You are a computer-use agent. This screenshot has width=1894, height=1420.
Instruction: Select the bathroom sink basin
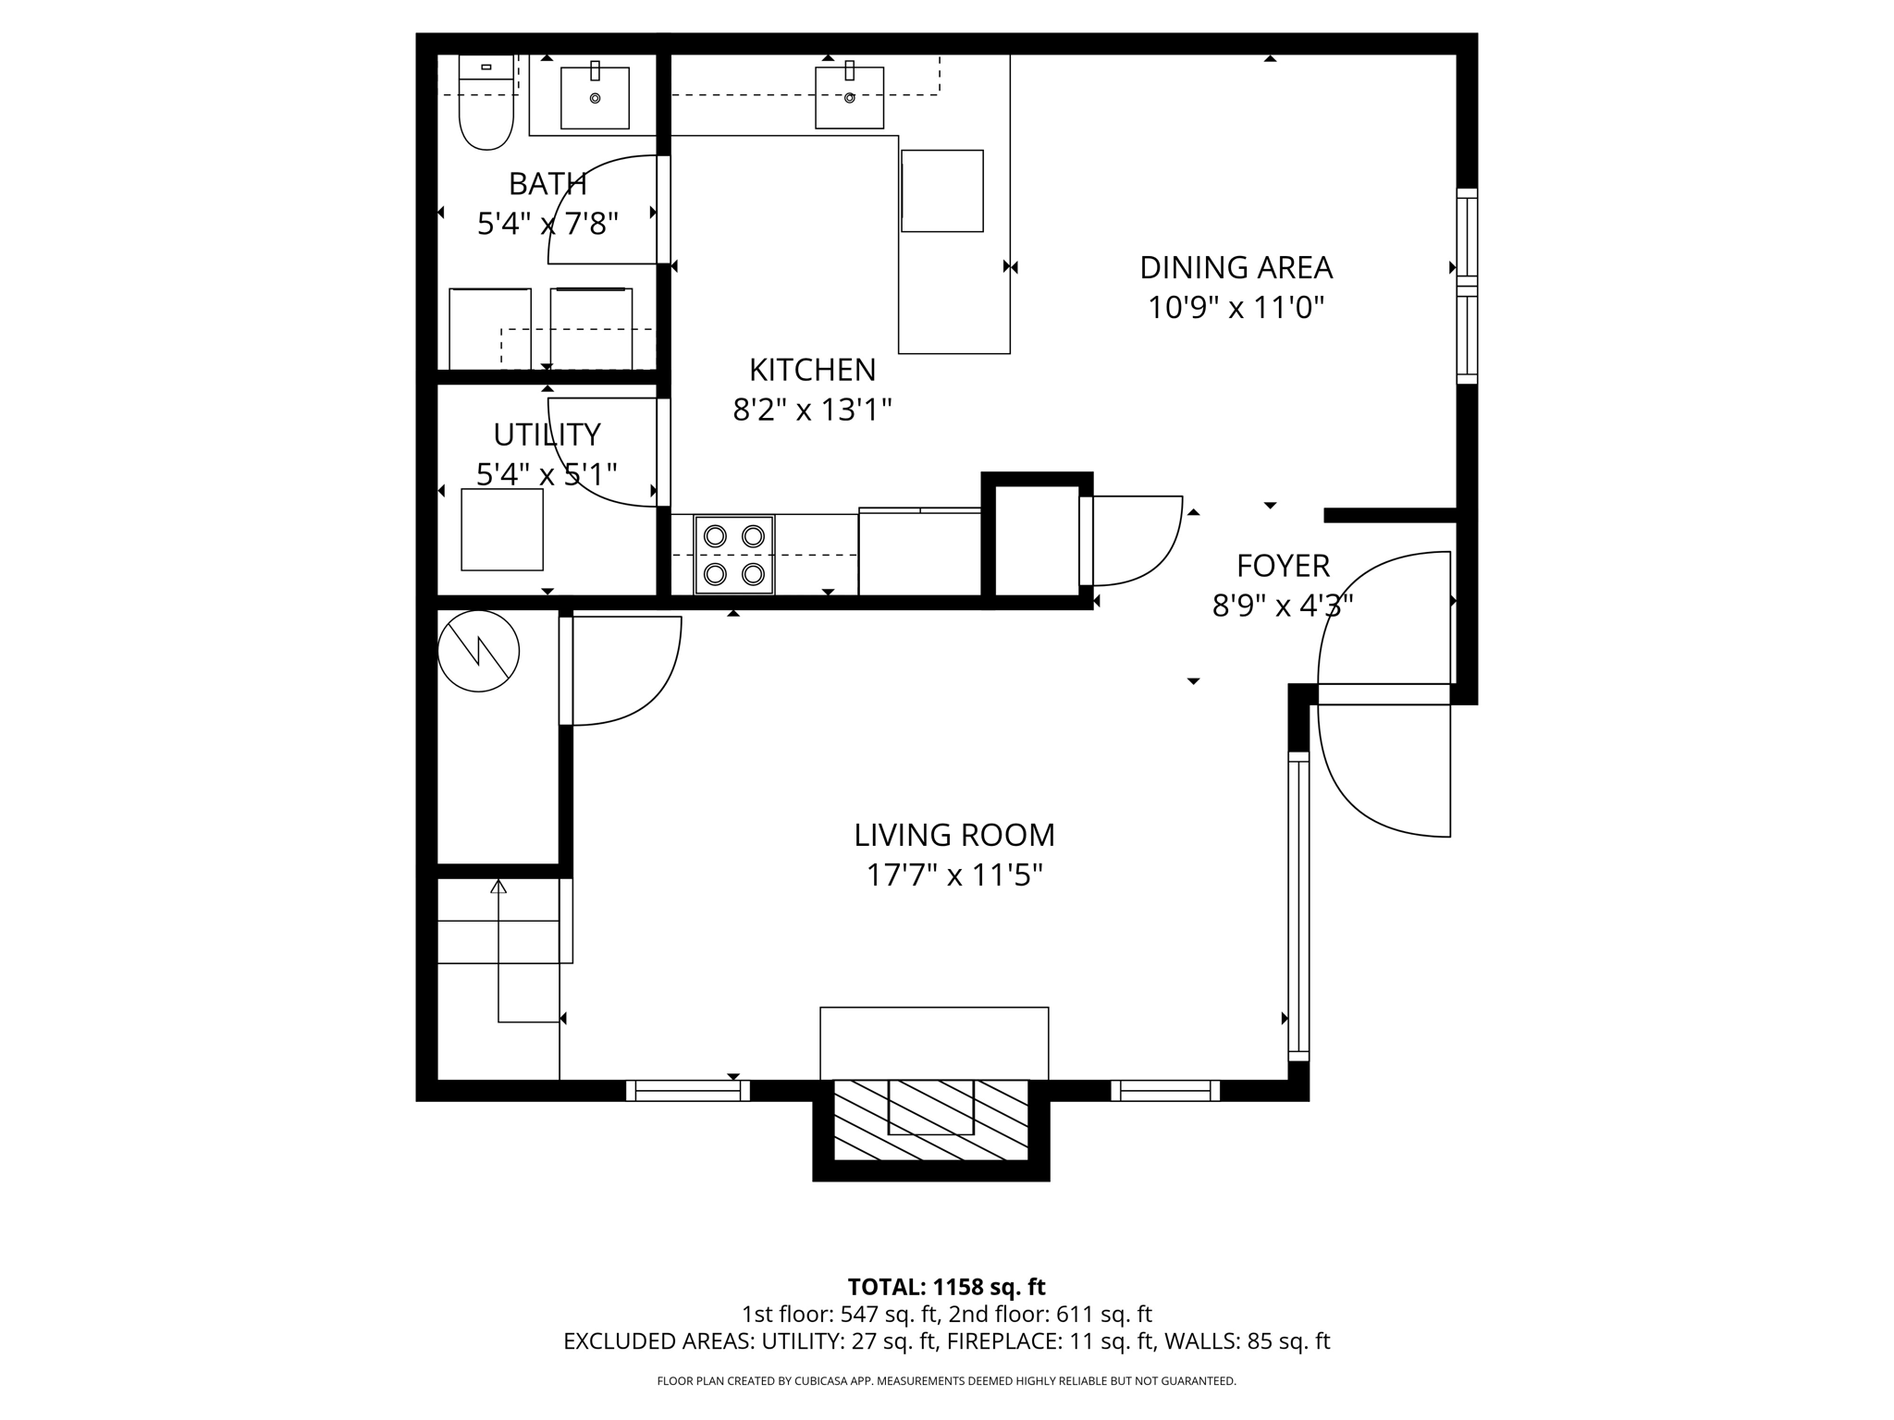[595, 98]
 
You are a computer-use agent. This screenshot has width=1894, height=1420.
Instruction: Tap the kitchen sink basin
[849, 97]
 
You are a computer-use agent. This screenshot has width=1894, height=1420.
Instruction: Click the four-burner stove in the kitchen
[734, 555]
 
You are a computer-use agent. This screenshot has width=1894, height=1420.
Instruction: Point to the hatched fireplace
[930, 1120]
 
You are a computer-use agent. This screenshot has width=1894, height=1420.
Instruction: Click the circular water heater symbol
[478, 652]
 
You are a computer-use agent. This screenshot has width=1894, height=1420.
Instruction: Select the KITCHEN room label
[812, 370]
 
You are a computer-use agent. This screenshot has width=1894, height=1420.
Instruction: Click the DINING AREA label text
[1236, 268]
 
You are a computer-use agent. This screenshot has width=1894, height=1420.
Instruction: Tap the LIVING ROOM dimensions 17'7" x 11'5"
[953, 875]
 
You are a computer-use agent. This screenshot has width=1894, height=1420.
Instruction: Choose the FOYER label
[1283, 565]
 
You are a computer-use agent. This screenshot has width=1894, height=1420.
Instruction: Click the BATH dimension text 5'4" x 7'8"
[547, 224]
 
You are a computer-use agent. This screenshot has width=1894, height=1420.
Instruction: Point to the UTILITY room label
[547, 435]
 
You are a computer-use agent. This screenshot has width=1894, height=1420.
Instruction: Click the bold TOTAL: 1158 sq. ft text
[946, 1287]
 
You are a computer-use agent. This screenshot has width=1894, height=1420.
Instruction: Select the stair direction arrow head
[498, 887]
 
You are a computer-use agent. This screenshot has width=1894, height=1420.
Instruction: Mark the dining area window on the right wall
[1467, 286]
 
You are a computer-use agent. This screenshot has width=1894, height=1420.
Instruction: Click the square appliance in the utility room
[502, 530]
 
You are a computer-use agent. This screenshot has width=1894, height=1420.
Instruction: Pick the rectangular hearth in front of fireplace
[934, 1043]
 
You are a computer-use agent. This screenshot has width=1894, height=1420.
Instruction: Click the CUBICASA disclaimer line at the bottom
[946, 1381]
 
